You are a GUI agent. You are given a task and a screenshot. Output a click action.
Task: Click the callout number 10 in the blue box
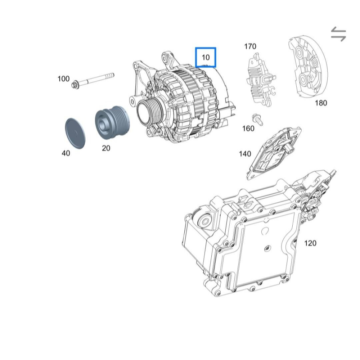coord(206,57)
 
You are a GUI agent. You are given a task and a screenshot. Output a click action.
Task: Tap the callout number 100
coord(63,79)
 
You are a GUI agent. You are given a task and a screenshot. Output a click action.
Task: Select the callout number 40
coord(66,153)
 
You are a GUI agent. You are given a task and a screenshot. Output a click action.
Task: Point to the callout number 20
coord(106,148)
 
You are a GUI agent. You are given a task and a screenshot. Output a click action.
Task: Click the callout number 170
coord(250,46)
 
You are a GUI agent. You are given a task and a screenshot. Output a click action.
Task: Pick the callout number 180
coord(321,103)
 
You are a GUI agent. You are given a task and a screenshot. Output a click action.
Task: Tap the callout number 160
coord(248,129)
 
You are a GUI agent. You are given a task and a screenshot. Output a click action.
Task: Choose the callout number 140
coord(245,154)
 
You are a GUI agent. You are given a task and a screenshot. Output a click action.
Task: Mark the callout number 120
coord(310,243)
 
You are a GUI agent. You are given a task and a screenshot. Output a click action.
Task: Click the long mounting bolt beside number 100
coord(93,80)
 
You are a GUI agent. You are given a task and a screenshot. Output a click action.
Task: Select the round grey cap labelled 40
coord(75,134)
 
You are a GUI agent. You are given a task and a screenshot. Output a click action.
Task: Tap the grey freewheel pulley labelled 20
coord(112,122)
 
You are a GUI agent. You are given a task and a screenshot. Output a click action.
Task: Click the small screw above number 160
coord(257,120)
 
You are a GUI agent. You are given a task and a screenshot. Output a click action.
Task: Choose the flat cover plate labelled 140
coord(273,153)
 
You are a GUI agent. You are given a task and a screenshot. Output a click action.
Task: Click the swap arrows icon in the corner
coord(338,34)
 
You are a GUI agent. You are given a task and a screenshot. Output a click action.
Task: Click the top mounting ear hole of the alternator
coord(166,58)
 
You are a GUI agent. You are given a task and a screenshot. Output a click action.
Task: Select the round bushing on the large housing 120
coord(204,221)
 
